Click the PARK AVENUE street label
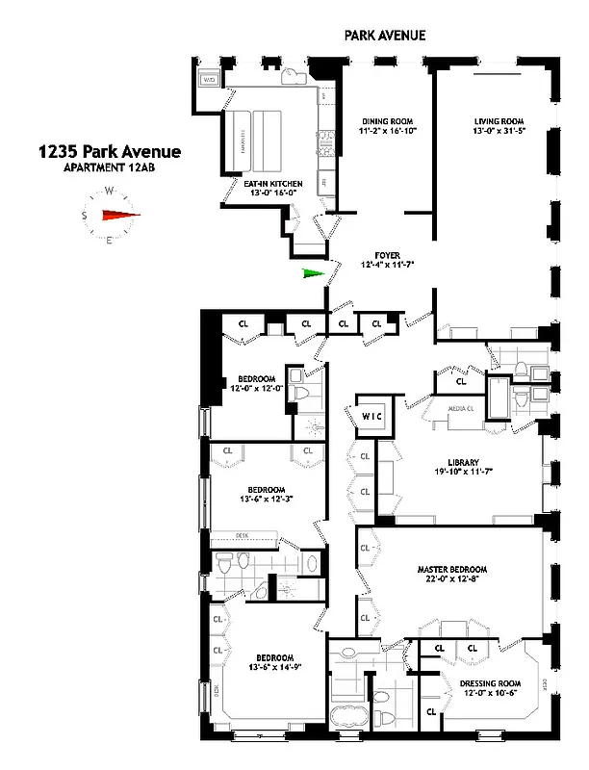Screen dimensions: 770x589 (x=384, y=36)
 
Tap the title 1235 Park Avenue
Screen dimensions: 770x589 (x=108, y=151)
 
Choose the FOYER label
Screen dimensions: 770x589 (x=381, y=255)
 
